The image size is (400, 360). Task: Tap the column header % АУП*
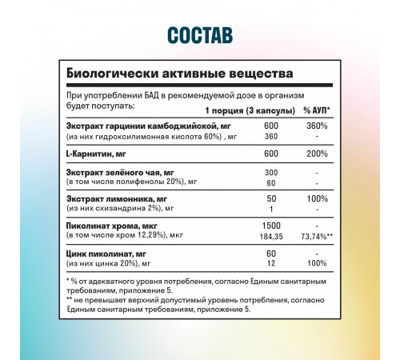coord(317,110)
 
